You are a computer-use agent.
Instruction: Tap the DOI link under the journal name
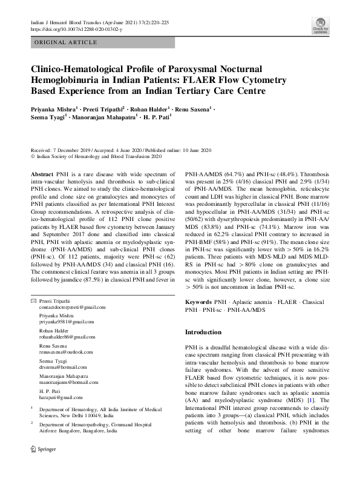76,29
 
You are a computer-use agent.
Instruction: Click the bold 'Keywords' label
198,301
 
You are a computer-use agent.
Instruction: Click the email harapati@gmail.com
59,397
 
